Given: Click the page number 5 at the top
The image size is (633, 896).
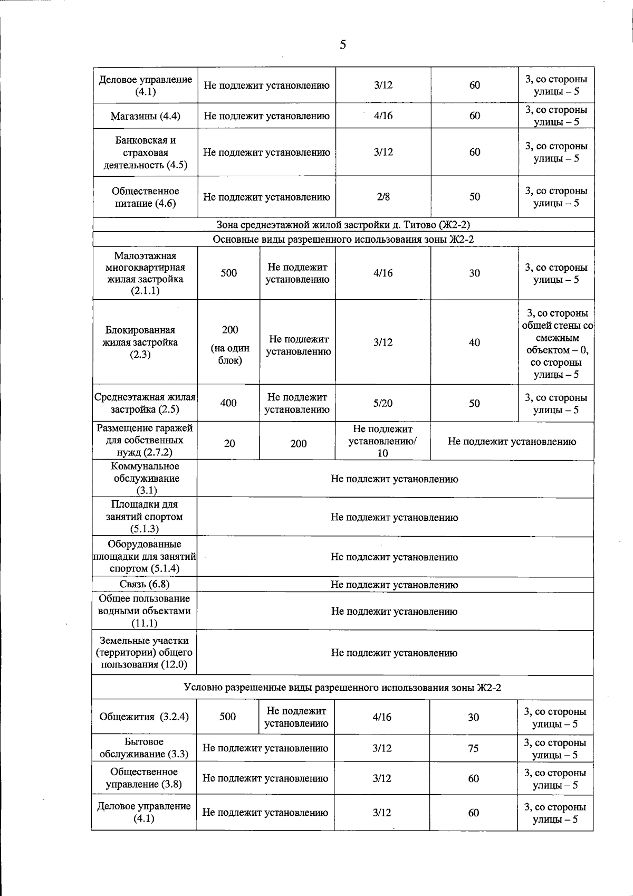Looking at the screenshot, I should [x=343, y=44].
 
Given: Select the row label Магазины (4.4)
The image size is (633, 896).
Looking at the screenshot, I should [x=145, y=116].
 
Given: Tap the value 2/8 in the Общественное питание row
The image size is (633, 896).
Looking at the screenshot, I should [x=383, y=197].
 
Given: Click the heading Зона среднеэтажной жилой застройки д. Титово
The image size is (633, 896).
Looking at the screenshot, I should [x=343, y=225].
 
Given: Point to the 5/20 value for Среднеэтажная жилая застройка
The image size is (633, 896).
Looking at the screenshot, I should [x=383, y=403].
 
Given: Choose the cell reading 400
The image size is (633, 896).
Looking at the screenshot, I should [x=228, y=403].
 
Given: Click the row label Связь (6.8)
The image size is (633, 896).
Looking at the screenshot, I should [x=145, y=584].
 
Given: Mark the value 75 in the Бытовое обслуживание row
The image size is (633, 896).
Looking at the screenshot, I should [x=474, y=748].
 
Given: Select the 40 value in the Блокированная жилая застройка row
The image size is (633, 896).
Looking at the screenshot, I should [x=475, y=342].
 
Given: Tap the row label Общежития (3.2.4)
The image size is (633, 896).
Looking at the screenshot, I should [x=144, y=717].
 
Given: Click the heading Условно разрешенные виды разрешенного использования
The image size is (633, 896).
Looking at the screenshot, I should [x=342, y=687].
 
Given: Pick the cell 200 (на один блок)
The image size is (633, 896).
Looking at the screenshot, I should [x=229, y=345].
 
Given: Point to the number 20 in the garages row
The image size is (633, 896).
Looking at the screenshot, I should [x=229, y=444].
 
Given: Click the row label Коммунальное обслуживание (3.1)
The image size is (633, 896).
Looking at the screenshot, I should [x=145, y=479].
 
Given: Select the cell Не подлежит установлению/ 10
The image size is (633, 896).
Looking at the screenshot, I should [x=382, y=441].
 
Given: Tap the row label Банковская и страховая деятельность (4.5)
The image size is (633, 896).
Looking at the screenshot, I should [x=145, y=152].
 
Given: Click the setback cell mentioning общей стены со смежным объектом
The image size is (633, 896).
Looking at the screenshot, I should [x=557, y=344].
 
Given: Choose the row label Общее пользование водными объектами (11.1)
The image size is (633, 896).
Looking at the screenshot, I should [x=145, y=611].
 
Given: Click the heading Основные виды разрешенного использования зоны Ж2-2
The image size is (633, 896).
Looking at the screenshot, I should [x=343, y=240].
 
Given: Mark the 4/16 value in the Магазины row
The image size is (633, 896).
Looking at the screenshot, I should [x=383, y=116].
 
